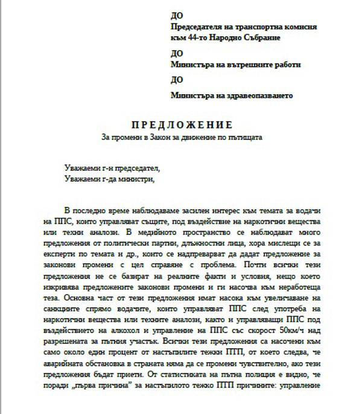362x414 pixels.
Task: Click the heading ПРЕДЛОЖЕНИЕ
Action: coord(182,126)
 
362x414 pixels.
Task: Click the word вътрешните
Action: coord(246,65)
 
